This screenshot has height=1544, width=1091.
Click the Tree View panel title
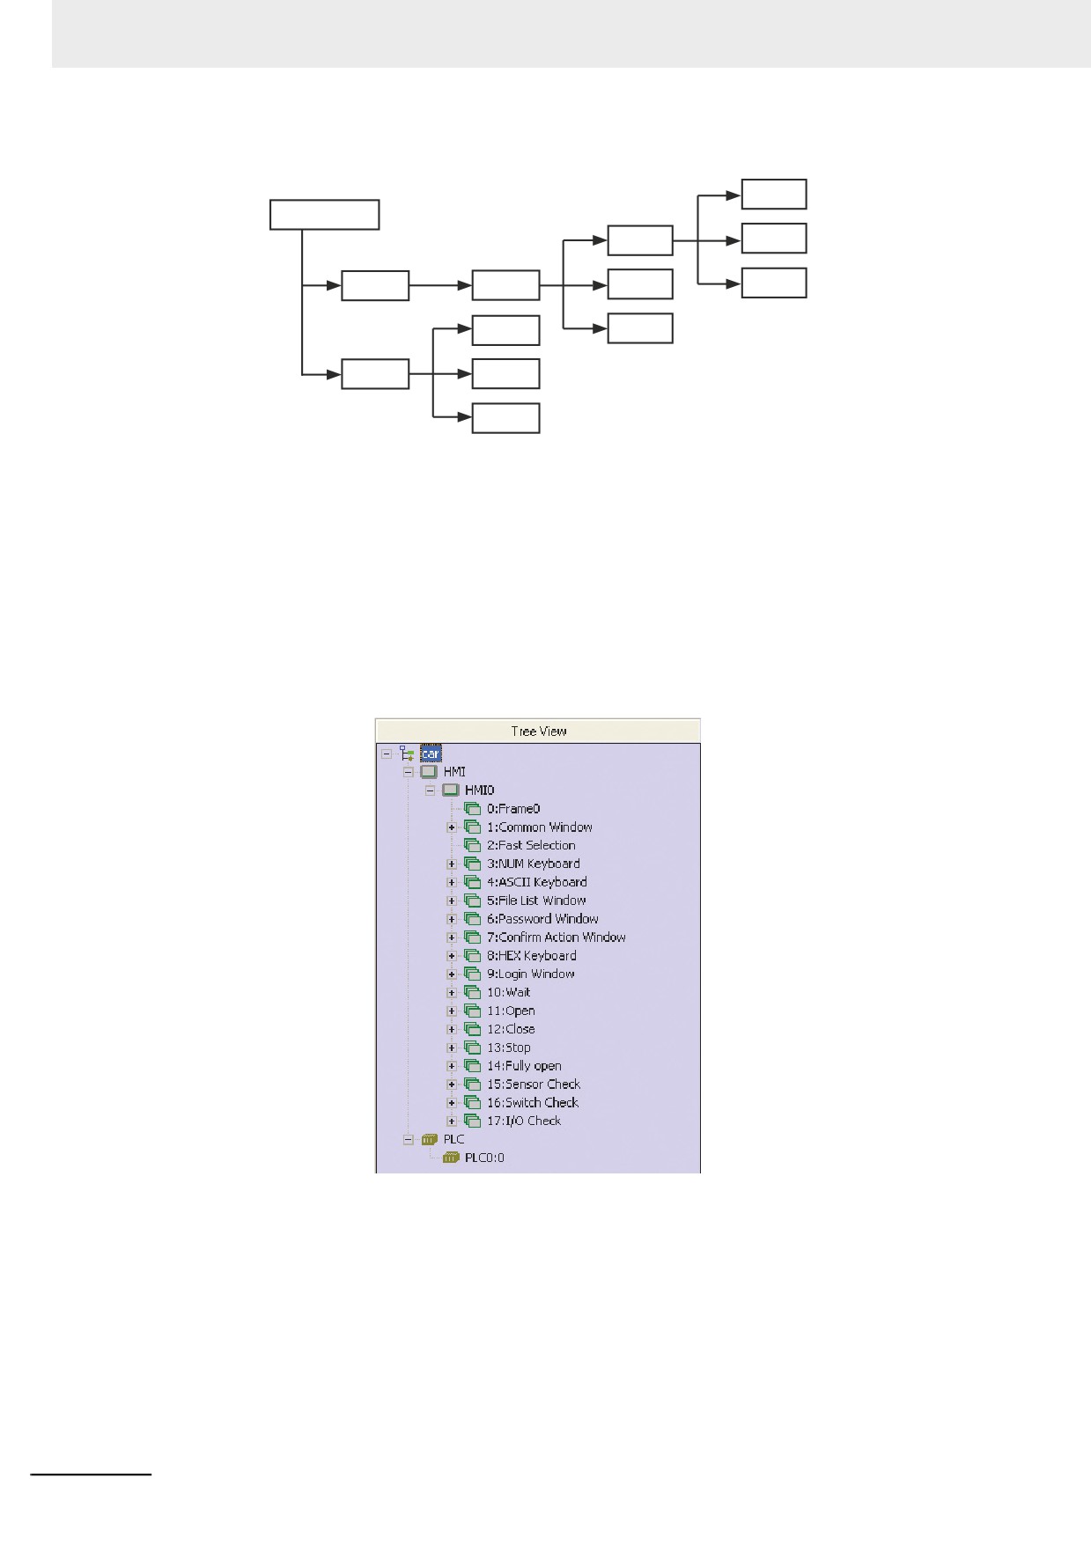tap(539, 731)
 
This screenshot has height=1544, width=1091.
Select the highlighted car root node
tap(431, 754)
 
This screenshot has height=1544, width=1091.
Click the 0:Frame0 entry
tap(513, 808)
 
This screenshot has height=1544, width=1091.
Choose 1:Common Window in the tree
tap(540, 827)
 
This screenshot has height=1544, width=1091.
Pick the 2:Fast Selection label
tap(531, 845)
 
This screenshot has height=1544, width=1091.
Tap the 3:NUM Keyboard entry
tap(534, 864)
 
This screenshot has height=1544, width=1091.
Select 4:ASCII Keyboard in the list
tap(537, 882)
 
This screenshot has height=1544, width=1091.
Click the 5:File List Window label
tap(536, 901)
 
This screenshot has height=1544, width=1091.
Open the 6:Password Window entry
tap(542, 919)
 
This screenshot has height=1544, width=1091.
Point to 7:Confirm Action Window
tap(557, 937)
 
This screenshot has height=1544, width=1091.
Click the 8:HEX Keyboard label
tap(532, 955)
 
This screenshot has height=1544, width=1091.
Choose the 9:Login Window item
tap(531, 974)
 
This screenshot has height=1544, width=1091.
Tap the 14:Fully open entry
tap(524, 1066)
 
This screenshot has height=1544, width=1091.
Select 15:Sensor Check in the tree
tap(534, 1084)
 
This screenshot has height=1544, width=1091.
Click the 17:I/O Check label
tap(524, 1121)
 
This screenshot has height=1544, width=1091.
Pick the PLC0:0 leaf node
tap(484, 1158)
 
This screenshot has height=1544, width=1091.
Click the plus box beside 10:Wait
tap(452, 992)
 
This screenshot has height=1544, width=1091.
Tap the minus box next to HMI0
tap(431, 790)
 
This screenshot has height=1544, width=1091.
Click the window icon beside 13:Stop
tap(473, 1048)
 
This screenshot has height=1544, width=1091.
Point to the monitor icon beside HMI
tap(429, 772)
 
